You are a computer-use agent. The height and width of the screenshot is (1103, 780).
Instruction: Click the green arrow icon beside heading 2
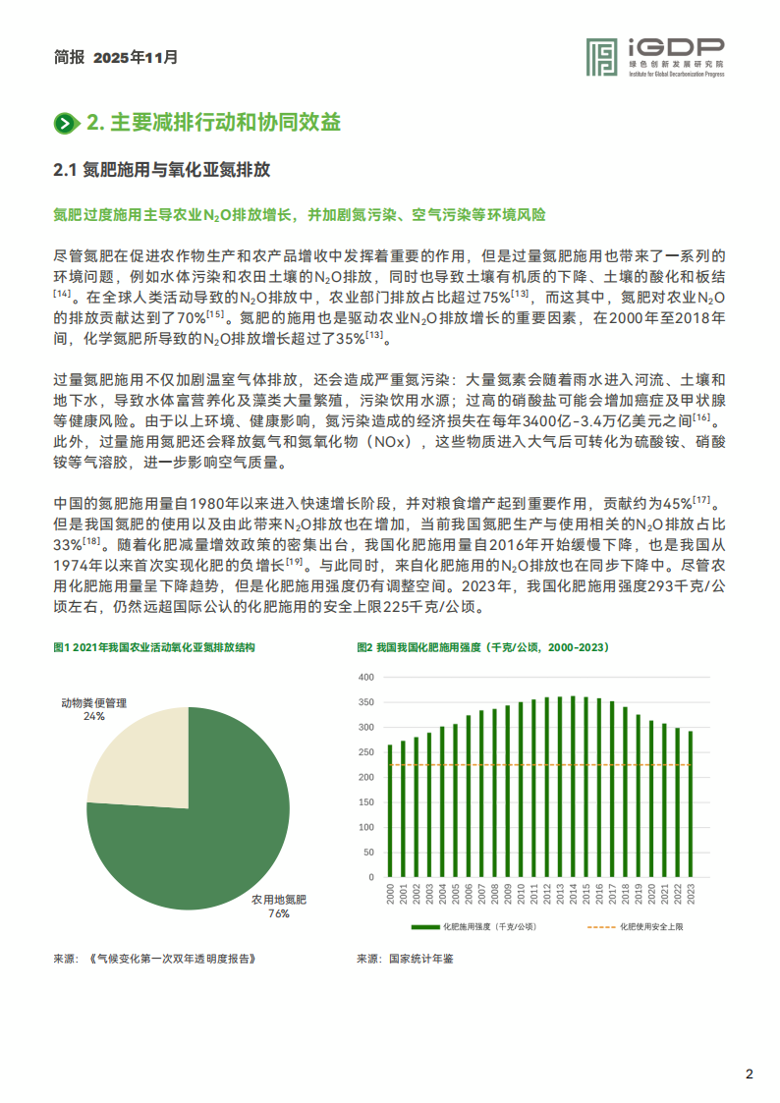click(66, 124)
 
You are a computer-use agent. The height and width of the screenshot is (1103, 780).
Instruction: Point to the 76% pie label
click(279, 913)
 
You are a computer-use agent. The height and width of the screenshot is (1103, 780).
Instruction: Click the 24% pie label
click(94, 717)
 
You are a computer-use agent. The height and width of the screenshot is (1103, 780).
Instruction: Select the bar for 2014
click(573, 786)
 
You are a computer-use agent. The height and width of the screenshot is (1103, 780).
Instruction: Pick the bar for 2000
click(390, 810)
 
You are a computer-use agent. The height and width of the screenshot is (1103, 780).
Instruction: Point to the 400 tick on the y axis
click(365, 678)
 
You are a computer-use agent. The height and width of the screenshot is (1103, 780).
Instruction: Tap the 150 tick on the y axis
click(365, 802)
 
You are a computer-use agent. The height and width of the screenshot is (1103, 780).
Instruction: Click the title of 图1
click(154, 647)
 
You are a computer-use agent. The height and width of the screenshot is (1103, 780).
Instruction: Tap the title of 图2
click(480, 647)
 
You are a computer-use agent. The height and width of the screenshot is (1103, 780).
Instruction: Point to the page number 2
click(749, 1074)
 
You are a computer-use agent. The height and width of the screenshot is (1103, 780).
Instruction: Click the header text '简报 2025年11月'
click(115, 57)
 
